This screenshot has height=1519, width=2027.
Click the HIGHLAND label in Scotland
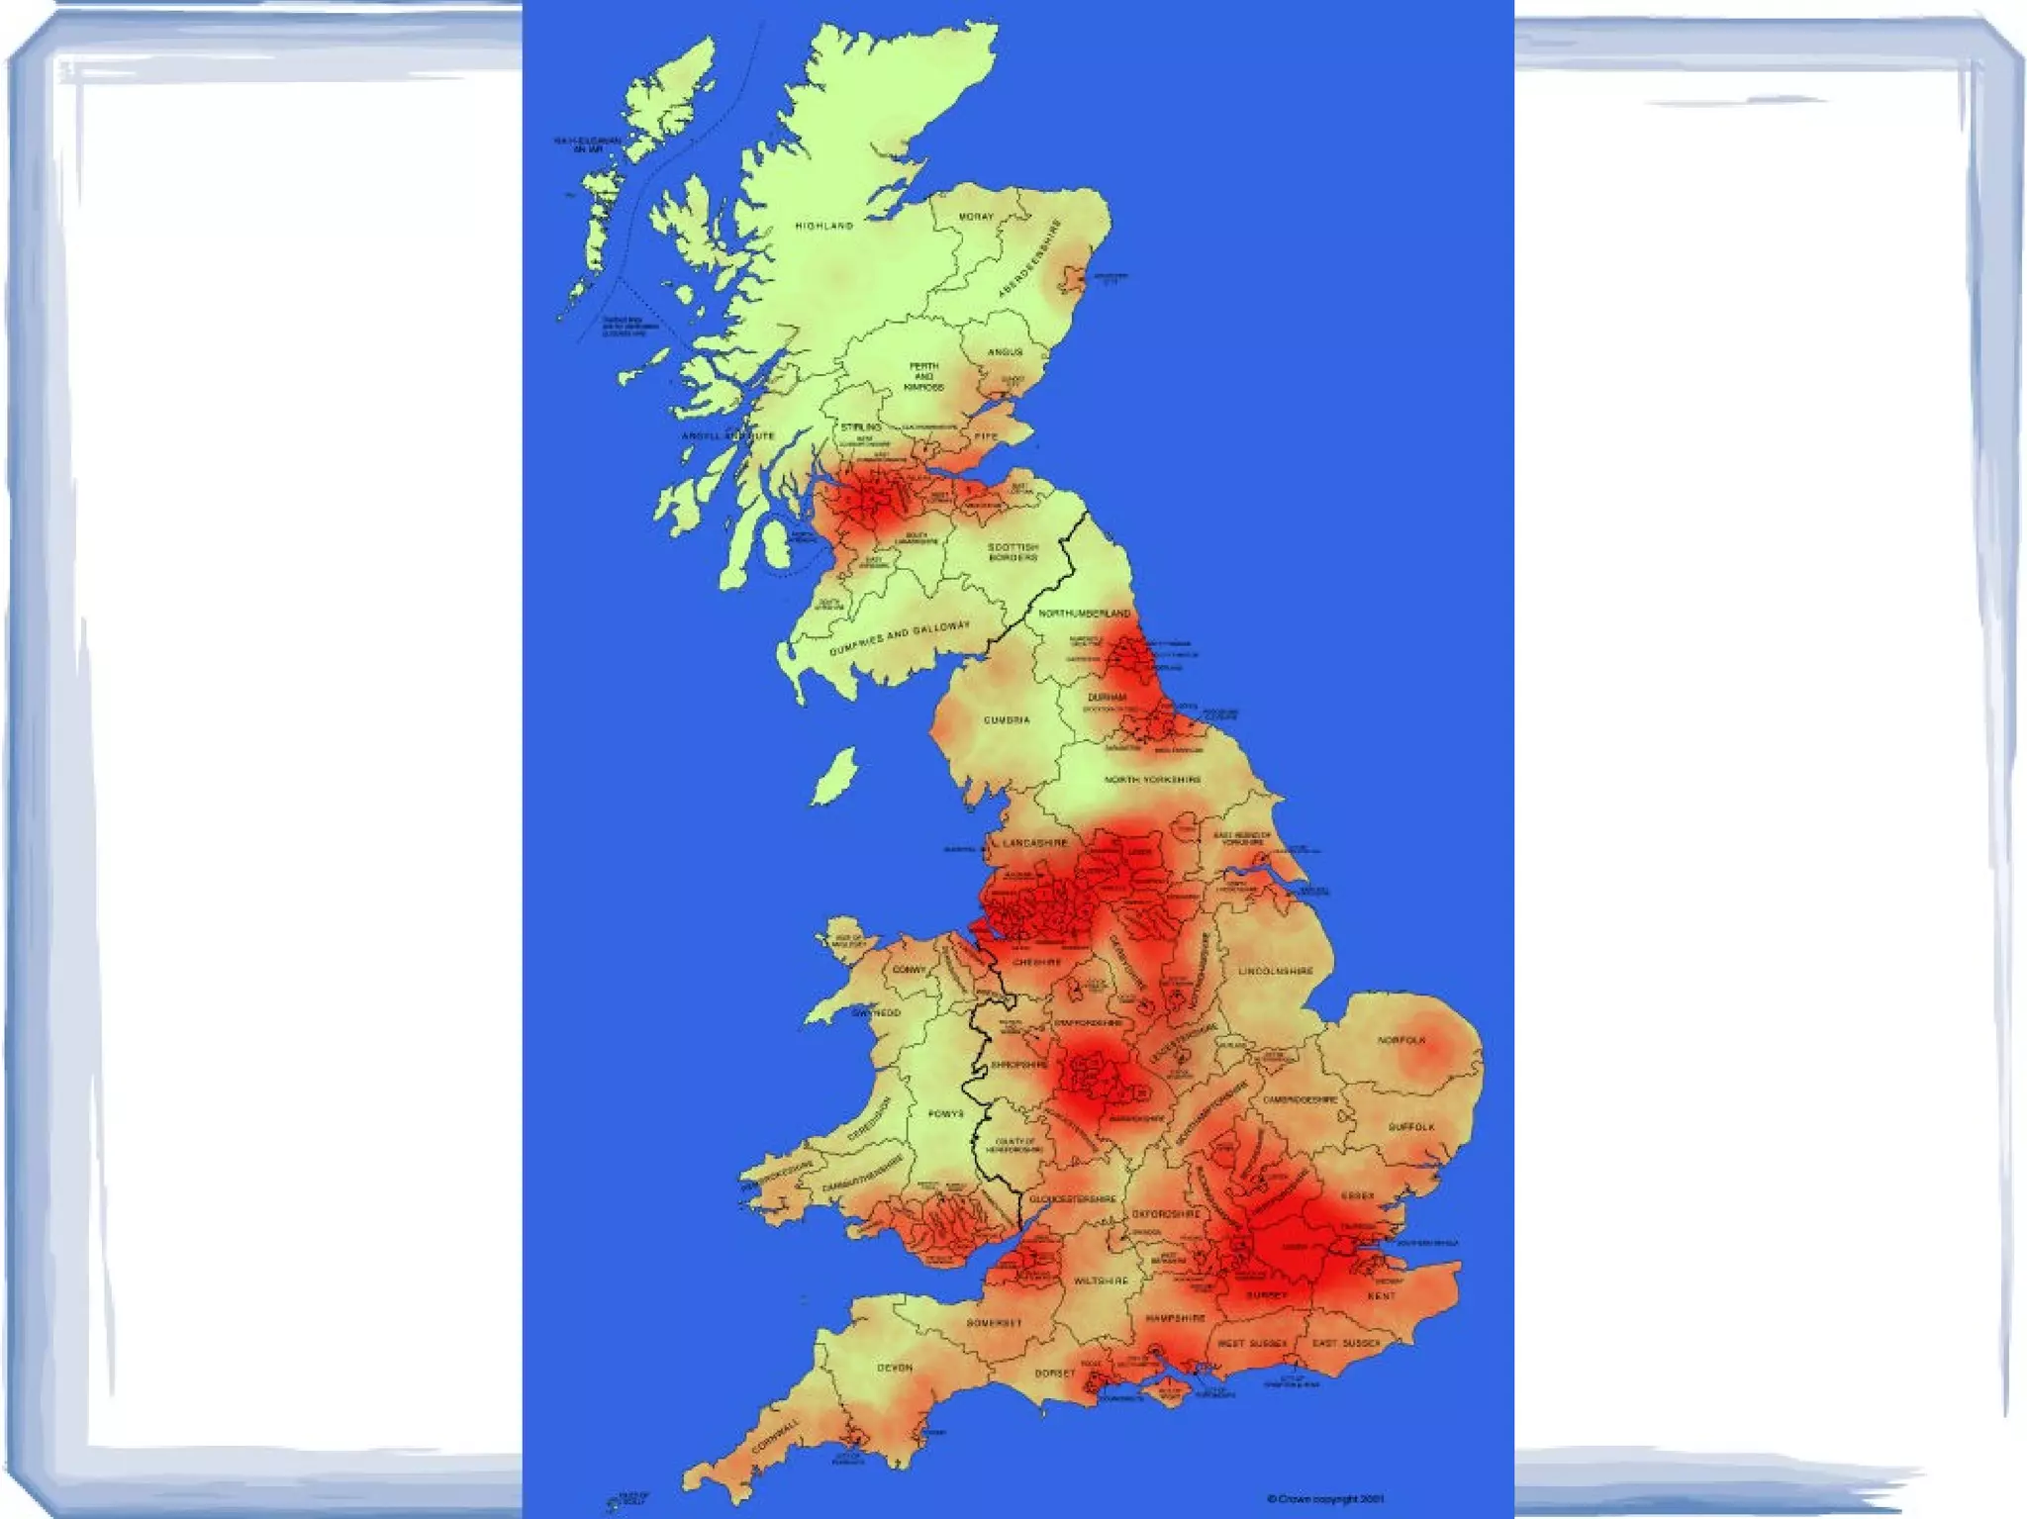tap(823, 227)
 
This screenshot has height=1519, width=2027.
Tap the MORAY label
tap(976, 217)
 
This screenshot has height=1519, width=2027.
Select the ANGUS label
tap(1005, 352)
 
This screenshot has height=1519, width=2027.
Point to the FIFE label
tap(987, 436)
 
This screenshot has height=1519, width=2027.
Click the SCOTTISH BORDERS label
tap(1013, 552)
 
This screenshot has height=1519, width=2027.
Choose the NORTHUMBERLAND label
tap(1084, 614)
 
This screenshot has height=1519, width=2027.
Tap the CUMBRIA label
tap(1007, 719)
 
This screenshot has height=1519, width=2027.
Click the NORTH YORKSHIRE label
tap(1153, 780)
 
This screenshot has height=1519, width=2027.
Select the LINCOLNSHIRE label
tap(1276, 971)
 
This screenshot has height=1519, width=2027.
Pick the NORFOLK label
tap(1401, 1040)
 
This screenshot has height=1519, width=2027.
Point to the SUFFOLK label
tap(1411, 1127)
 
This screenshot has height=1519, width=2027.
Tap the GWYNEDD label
tap(877, 1013)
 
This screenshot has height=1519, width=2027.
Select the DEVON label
tap(894, 1368)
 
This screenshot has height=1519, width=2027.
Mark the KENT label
tap(1382, 1295)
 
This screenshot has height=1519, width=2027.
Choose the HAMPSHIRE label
tap(1176, 1319)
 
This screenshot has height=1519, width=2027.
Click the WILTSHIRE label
tap(1101, 1281)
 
